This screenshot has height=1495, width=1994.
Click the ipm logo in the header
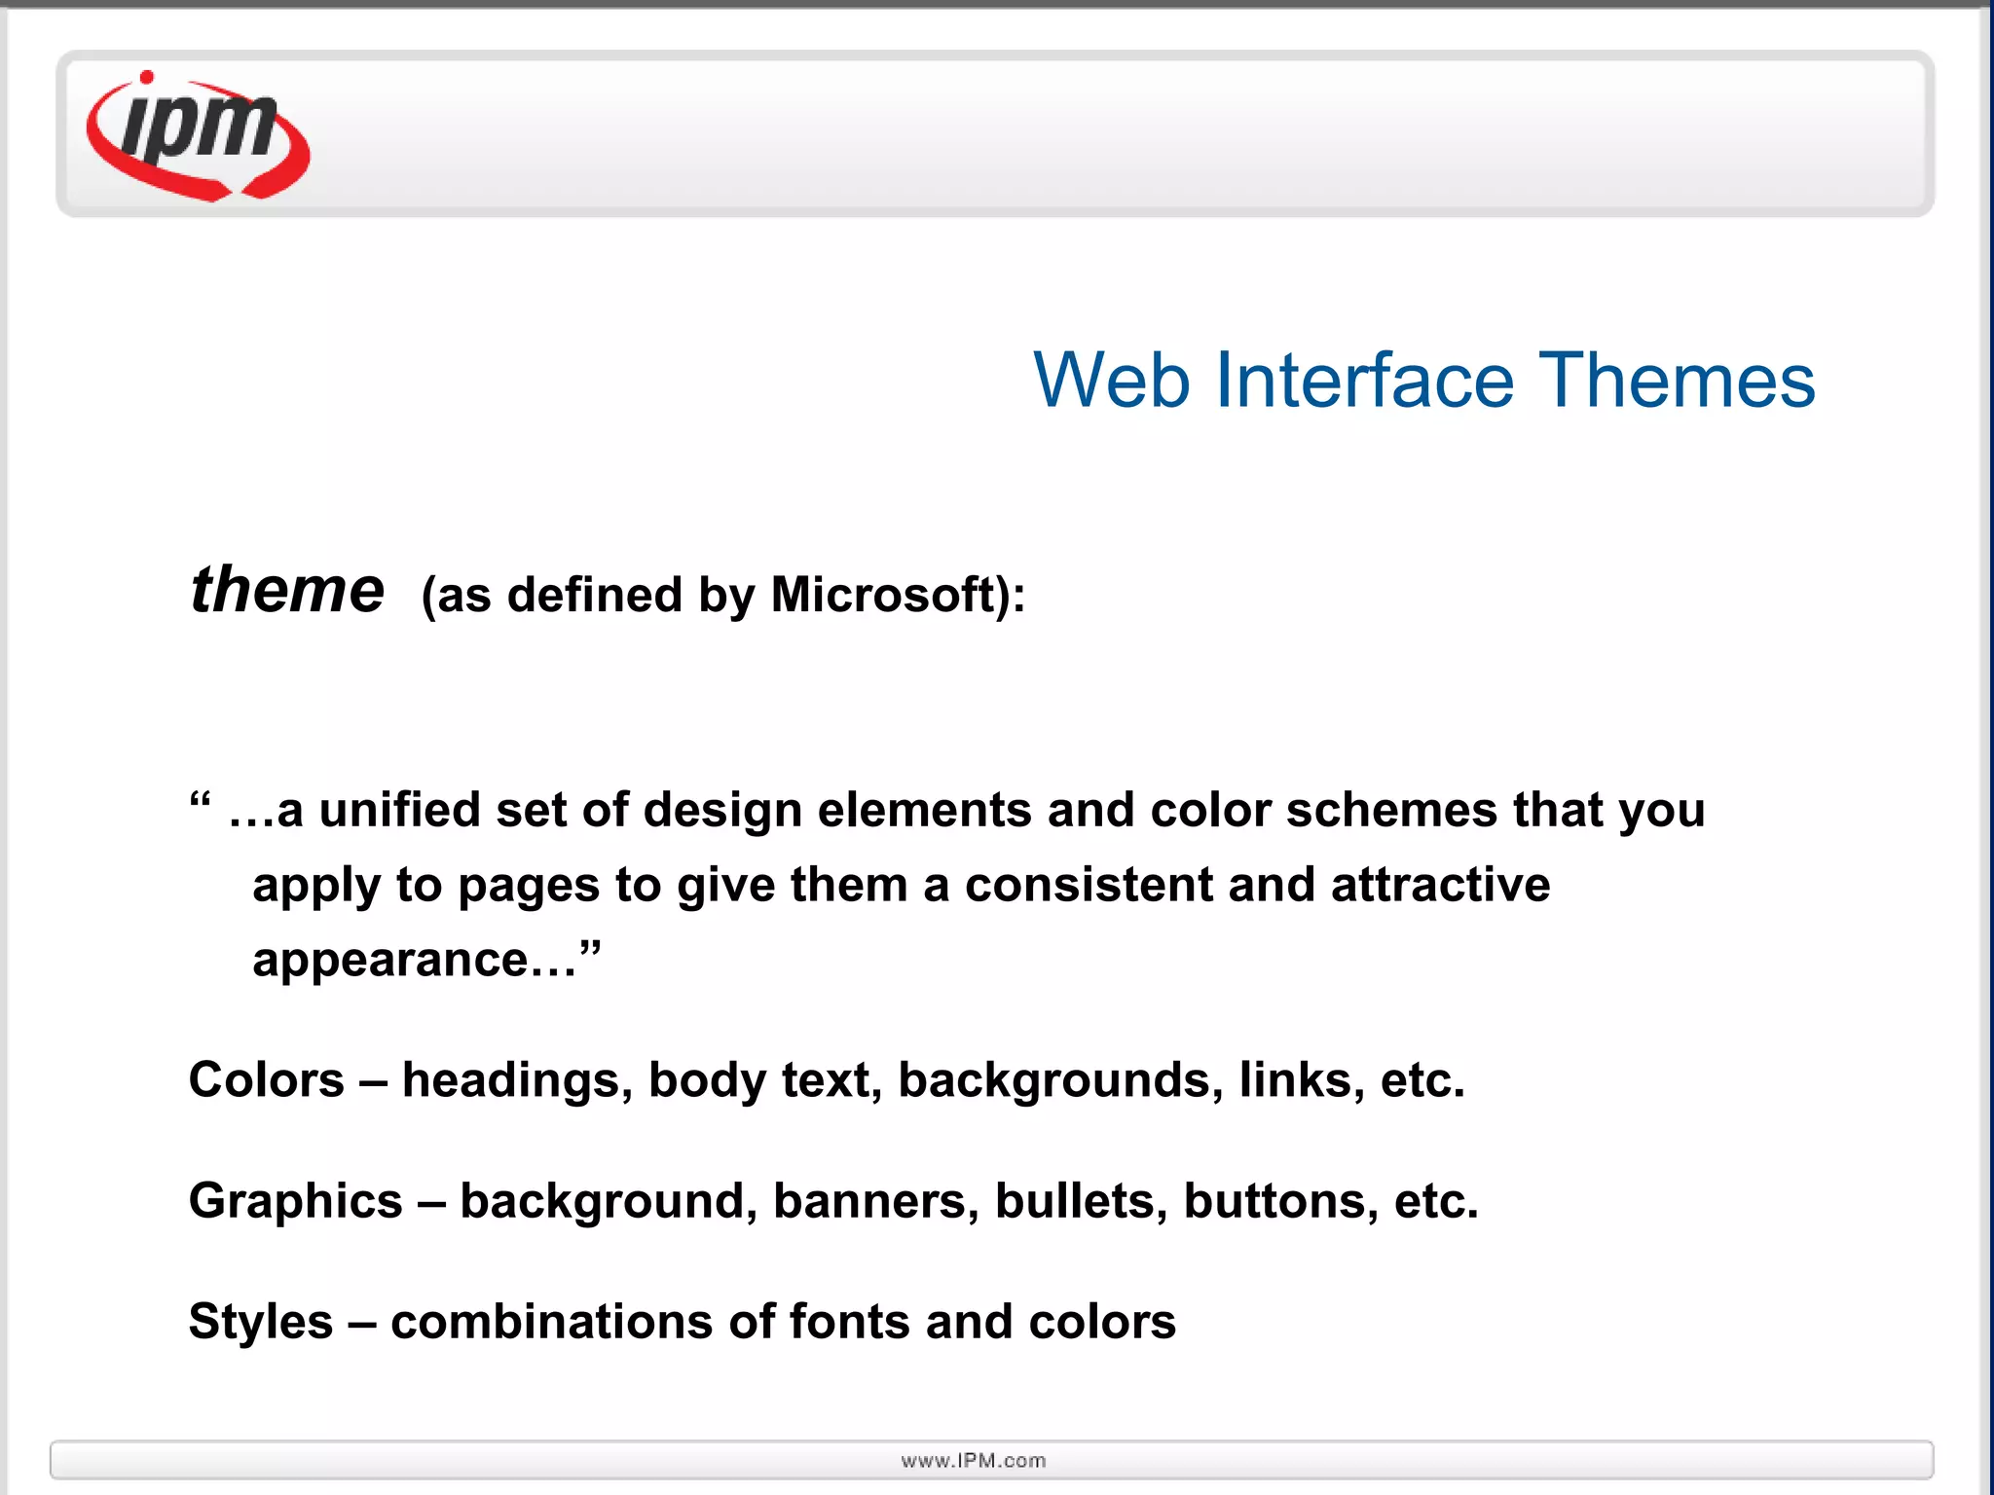(x=199, y=135)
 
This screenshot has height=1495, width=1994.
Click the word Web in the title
(x=1111, y=381)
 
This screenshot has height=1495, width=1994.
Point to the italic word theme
(x=287, y=591)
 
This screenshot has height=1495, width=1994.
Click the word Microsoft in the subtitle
(x=882, y=595)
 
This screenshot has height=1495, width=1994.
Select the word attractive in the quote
(x=1440, y=885)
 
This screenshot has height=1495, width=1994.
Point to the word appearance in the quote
(x=390, y=961)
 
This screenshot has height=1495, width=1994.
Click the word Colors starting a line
(x=267, y=1080)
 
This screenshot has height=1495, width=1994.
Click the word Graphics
(x=295, y=1201)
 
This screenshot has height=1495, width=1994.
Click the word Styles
(x=261, y=1323)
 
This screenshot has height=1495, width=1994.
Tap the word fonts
(x=849, y=1322)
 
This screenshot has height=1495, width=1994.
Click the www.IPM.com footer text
(x=974, y=1460)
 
